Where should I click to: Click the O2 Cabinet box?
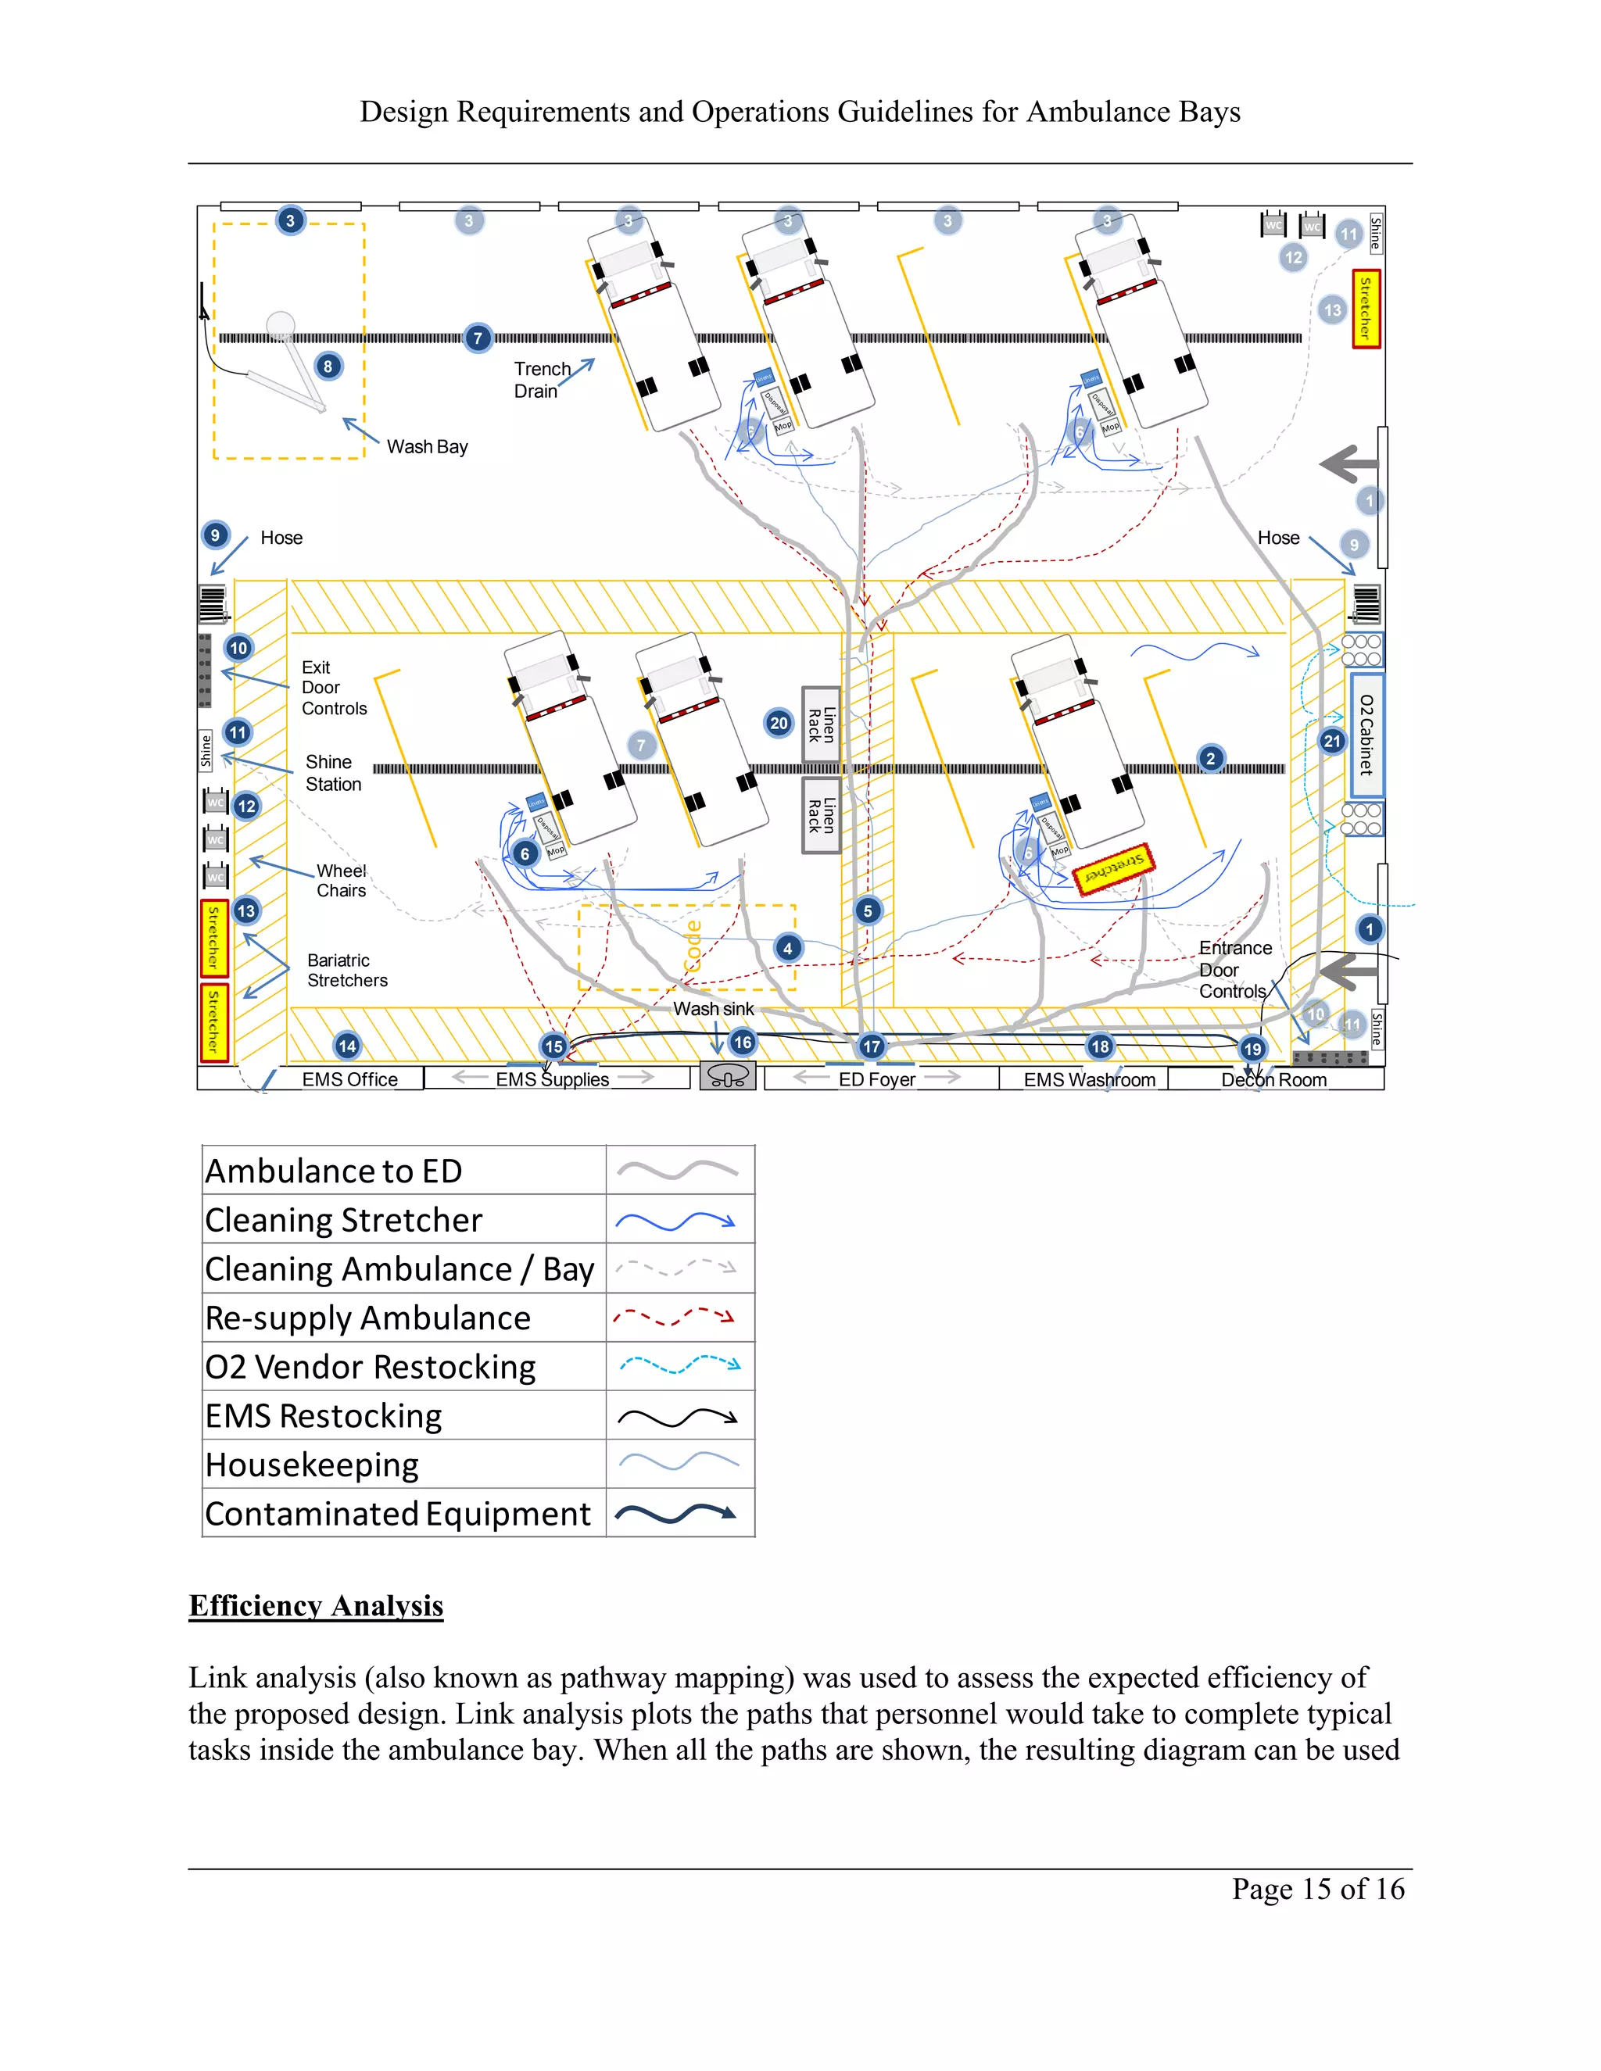[x=1366, y=735]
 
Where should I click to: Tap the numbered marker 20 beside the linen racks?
[x=779, y=724]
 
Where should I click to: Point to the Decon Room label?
[x=1273, y=1080]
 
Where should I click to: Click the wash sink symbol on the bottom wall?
[x=728, y=1076]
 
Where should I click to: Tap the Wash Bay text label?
[x=427, y=446]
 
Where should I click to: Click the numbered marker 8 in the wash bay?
[x=328, y=367]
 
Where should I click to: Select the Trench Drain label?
[x=543, y=381]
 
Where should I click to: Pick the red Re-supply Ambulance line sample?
[x=675, y=1317]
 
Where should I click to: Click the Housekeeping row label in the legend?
[x=312, y=1465]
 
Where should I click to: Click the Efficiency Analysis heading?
[x=316, y=1605]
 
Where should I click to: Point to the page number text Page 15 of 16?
[x=1317, y=1889]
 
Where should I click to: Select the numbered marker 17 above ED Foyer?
[x=872, y=1047]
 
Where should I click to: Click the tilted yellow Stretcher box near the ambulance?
[x=1113, y=867]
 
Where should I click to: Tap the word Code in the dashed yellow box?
[x=693, y=946]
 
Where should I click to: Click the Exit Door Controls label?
[x=334, y=688]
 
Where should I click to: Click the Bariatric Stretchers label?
[x=347, y=970]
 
